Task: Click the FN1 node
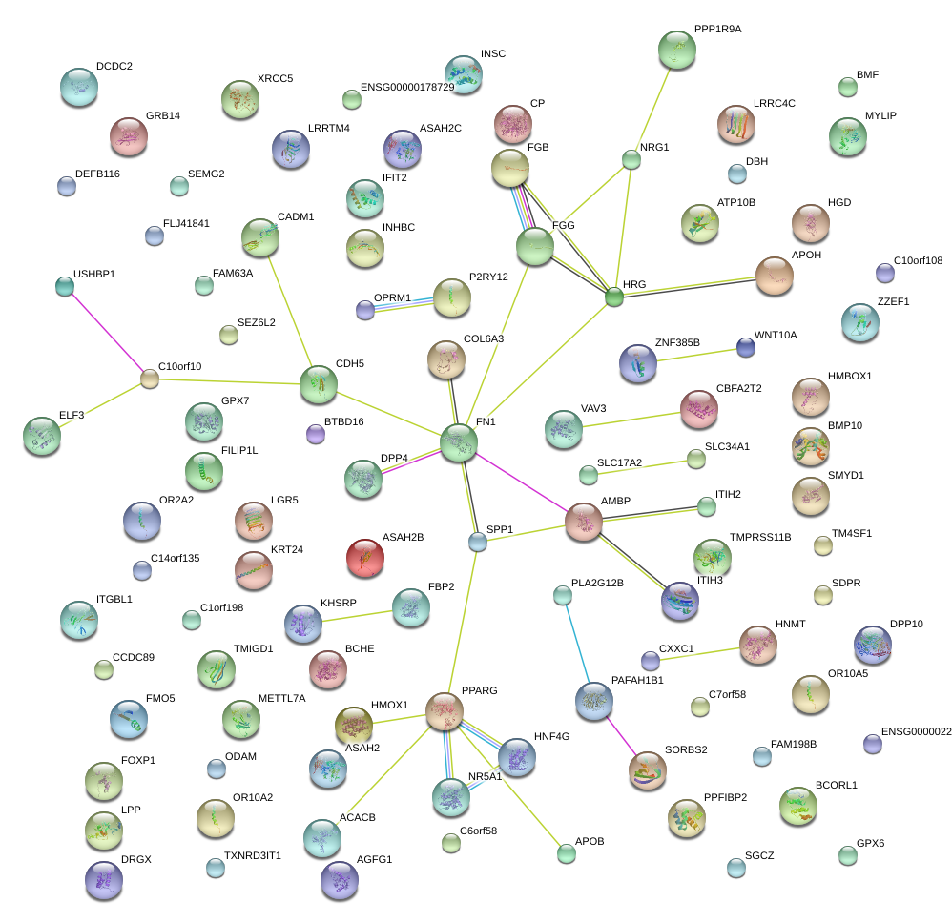pos(459,442)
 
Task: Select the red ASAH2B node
pos(364,558)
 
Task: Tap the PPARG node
pos(444,711)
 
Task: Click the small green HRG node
pos(614,297)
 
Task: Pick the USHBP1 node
pos(64,285)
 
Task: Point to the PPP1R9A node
pos(677,50)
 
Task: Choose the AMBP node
pos(584,522)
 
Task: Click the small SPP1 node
pos(478,543)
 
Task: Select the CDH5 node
pos(318,384)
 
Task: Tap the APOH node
pos(774,276)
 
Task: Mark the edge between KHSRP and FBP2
pos(357,615)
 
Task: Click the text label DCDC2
pos(114,67)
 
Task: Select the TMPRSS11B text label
pos(760,538)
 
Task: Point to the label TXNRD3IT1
pos(253,855)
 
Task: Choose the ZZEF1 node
pos(861,323)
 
